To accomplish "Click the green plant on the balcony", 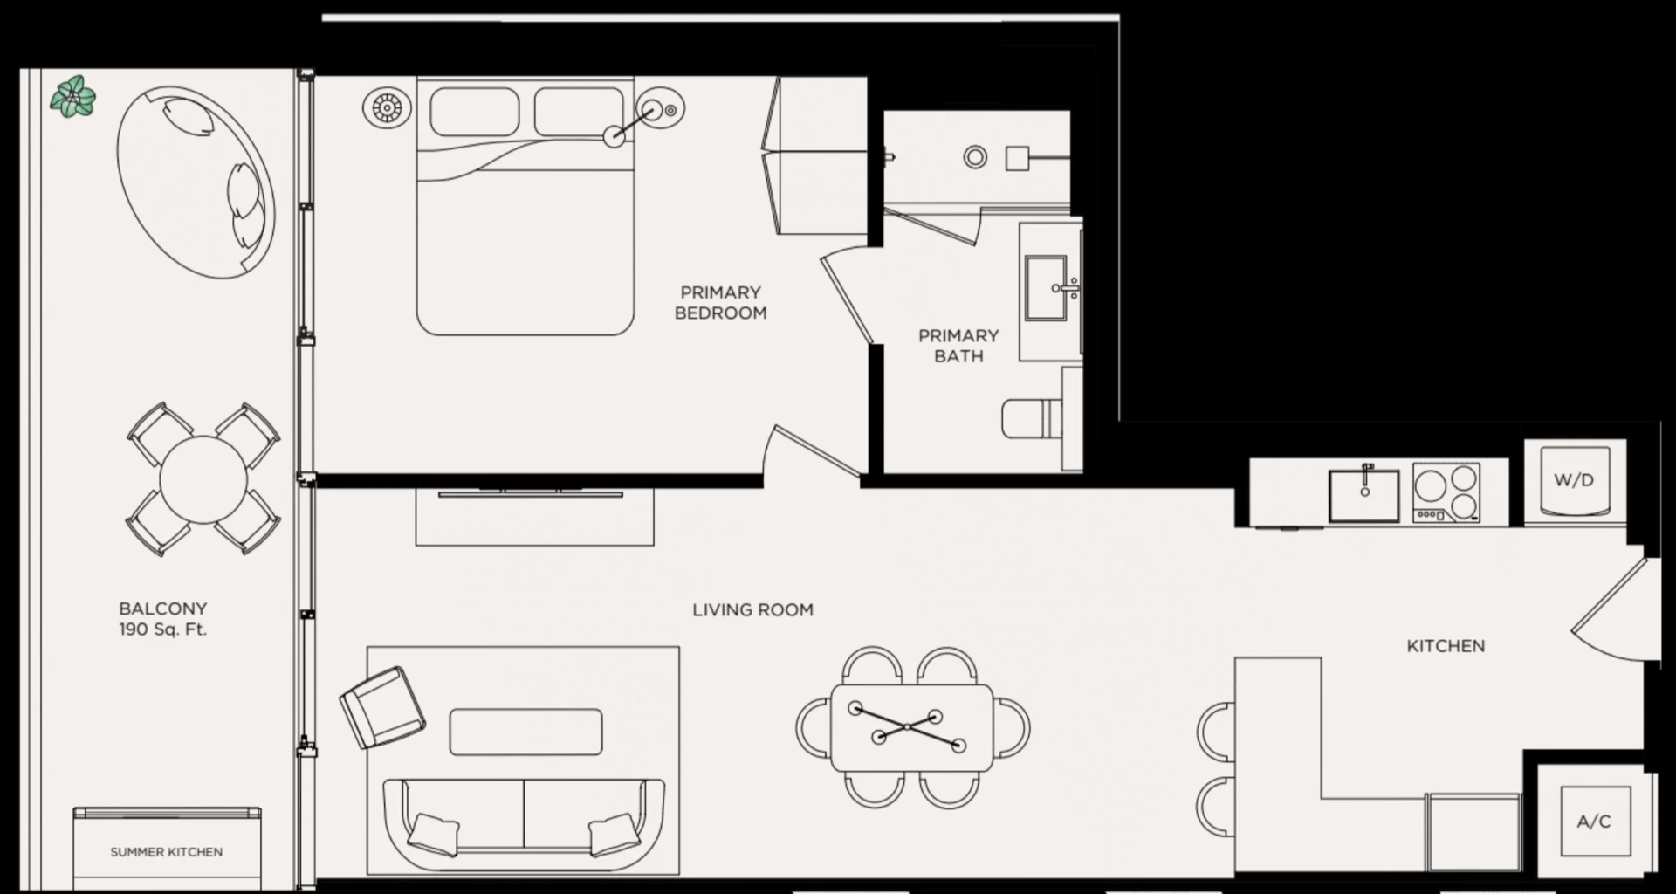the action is (72, 97).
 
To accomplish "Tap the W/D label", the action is (1574, 480).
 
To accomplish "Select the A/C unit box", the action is (1594, 822).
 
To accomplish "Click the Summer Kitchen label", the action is (166, 851).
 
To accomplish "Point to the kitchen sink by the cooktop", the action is (1363, 496).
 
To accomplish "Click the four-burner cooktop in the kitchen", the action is (1446, 492).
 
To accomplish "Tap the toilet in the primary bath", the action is (1032, 419).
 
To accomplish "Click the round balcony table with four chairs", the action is (203, 479).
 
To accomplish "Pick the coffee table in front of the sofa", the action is (525, 732).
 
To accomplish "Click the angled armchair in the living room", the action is (382, 707).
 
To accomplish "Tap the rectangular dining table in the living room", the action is (911, 728).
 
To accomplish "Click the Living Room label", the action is (752, 610).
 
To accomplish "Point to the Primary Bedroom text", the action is (720, 302).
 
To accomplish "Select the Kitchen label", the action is (1446, 646).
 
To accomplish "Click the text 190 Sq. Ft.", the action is (163, 629).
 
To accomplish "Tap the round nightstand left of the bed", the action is (386, 108).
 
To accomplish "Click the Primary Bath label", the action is (958, 346).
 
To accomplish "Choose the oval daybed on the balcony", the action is (196, 182).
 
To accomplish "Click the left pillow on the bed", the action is (474, 111).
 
